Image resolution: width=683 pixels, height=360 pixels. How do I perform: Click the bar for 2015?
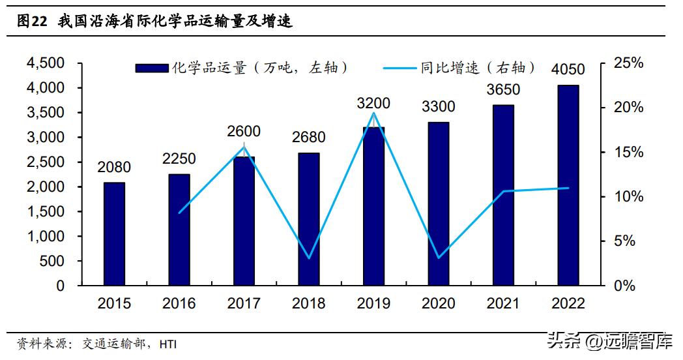coord(114,234)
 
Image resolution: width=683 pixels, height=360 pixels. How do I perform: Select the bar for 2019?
coord(373,206)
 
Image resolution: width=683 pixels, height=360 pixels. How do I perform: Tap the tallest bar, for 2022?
coord(568,185)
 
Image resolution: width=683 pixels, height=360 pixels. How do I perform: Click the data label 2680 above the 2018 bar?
coord(309,138)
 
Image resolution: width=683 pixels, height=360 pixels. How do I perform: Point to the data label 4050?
coord(568,69)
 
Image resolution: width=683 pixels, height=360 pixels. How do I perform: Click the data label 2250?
coord(179,158)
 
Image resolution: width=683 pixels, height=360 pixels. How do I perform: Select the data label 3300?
coord(439,106)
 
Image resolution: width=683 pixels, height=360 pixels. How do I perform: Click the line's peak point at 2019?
coord(373,113)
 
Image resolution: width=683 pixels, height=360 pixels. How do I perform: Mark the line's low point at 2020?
coord(439,258)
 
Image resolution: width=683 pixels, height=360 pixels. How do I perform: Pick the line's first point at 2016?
coord(179,213)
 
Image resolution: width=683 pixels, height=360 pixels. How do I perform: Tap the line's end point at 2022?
coord(568,188)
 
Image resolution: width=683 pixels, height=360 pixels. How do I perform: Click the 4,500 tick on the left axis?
coord(46,63)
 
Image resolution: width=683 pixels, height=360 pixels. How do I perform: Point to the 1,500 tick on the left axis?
coord(46,212)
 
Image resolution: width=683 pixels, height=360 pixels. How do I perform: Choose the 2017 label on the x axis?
coord(244,304)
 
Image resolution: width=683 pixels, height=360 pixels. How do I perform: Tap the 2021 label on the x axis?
coord(503,304)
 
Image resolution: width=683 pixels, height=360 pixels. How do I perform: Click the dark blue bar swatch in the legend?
coord(152,68)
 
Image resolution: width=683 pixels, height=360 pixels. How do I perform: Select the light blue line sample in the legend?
coord(401,68)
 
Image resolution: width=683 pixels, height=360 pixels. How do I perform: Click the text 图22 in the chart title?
coord(32,22)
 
